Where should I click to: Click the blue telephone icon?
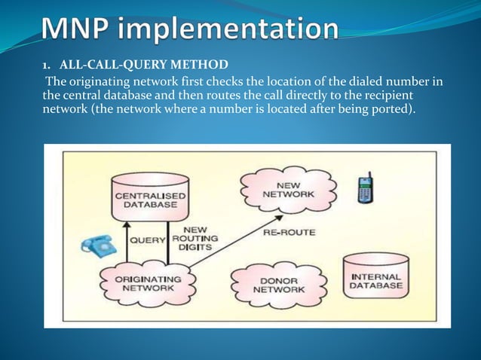95,246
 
